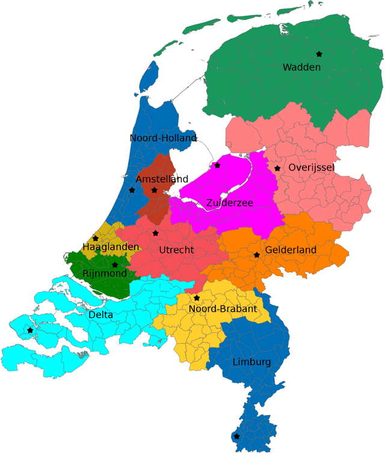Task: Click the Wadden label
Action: (x=301, y=67)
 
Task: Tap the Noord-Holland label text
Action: (x=163, y=139)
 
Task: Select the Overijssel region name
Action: (x=311, y=167)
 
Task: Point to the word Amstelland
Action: (x=162, y=180)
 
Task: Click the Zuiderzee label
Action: (x=229, y=203)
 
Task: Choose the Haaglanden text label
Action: (x=111, y=247)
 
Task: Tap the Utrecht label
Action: (x=176, y=250)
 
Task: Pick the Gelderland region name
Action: (x=291, y=249)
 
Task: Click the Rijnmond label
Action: (x=105, y=273)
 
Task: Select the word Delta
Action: (x=100, y=314)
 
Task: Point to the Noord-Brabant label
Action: (x=223, y=309)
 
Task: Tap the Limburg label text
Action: (x=251, y=362)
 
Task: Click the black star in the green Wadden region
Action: (x=319, y=54)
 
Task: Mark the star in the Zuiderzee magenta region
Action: (x=217, y=165)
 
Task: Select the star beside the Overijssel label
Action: (x=277, y=168)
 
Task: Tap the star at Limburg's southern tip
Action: (x=236, y=436)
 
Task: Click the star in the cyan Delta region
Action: (x=30, y=330)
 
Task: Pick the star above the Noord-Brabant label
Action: (x=197, y=298)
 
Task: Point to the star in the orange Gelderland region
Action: (x=257, y=255)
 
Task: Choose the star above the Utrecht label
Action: (x=155, y=233)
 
